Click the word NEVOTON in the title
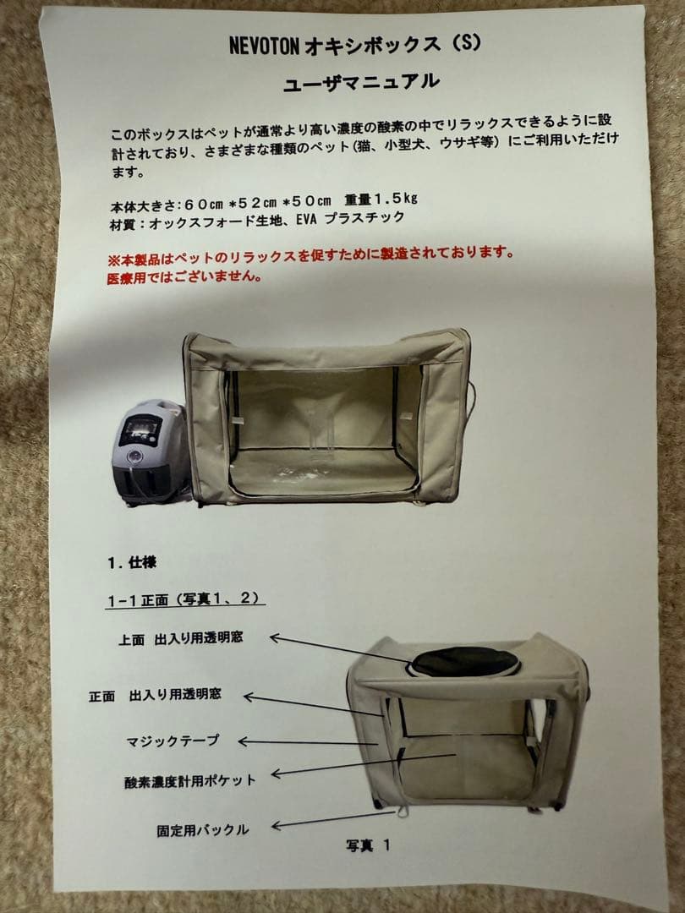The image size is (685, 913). [263, 46]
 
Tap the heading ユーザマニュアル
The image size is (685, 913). [362, 83]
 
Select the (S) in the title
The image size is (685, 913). [465, 43]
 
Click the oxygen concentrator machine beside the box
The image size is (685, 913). [152, 451]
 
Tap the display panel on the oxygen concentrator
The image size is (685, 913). [140, 431]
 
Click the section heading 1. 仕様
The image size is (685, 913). [131, 562]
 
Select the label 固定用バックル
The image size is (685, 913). [203, 829]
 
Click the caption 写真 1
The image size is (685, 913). [368, 844]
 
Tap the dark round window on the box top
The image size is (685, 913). [464, 661]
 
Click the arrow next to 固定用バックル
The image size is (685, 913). [333, 819]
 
